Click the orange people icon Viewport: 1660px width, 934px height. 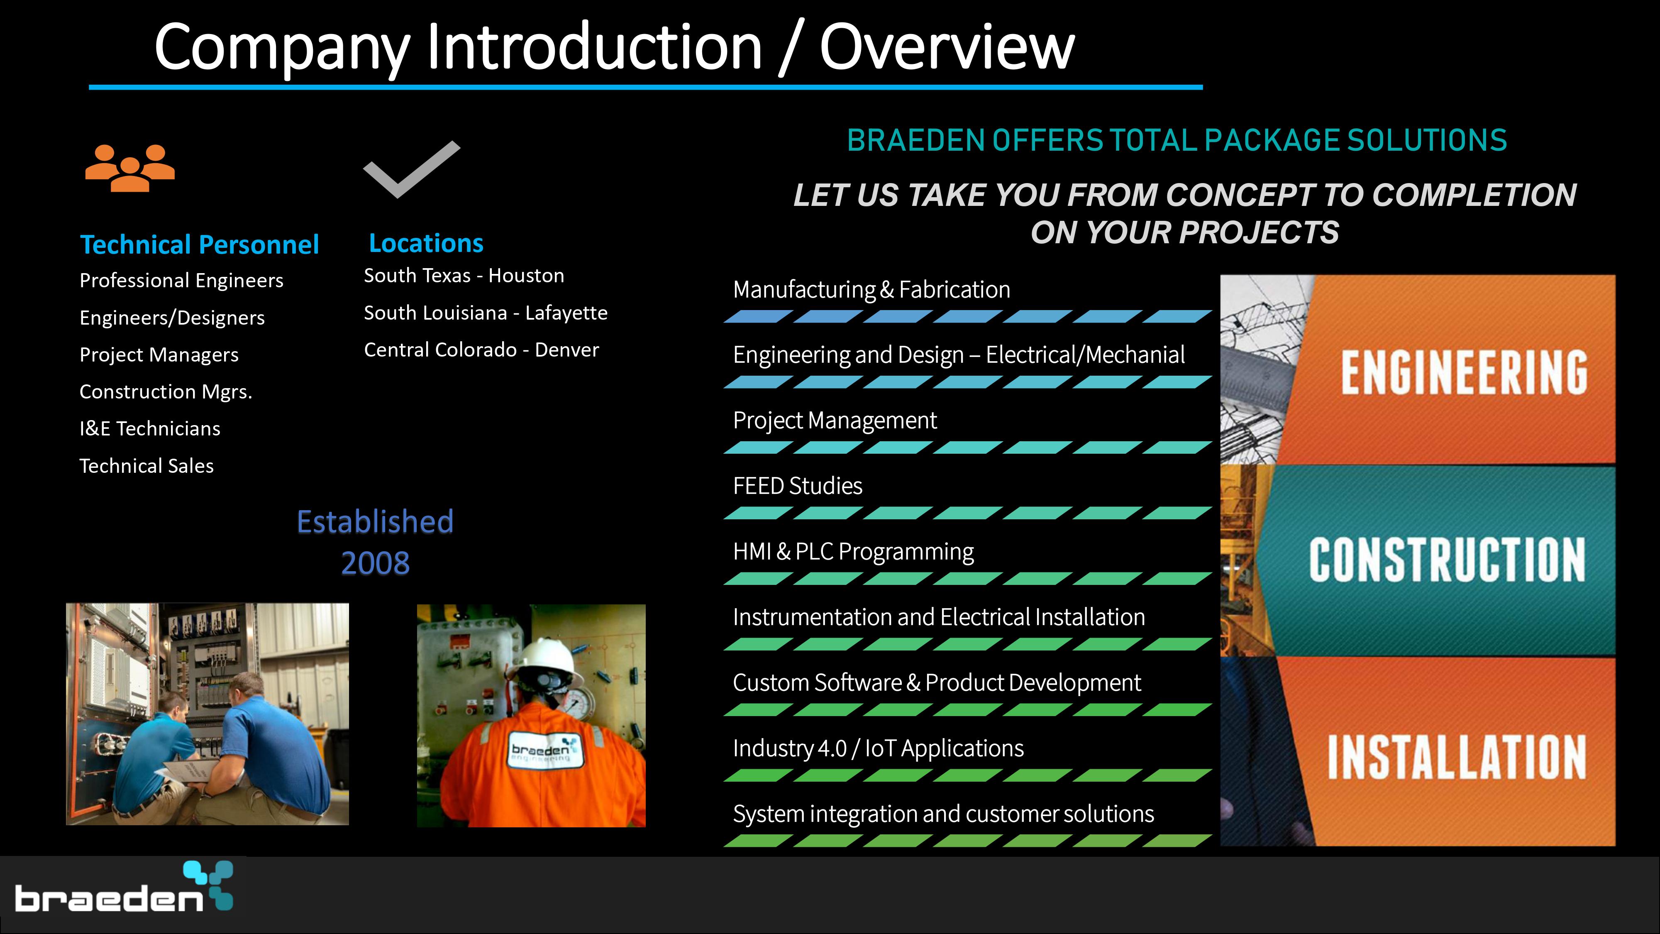coord(130,168)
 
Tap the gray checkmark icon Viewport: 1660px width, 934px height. coord(412,169)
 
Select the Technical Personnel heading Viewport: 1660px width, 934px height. coord(199,245)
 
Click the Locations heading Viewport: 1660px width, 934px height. coord(426,243)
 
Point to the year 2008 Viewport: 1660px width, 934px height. coord(376,563)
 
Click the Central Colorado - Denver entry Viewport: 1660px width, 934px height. coord(481,350)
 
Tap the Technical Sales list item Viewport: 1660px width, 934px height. coord(146,466)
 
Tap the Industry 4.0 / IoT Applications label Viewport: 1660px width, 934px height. coord(878,749)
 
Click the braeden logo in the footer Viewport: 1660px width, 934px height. coord(124,887)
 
